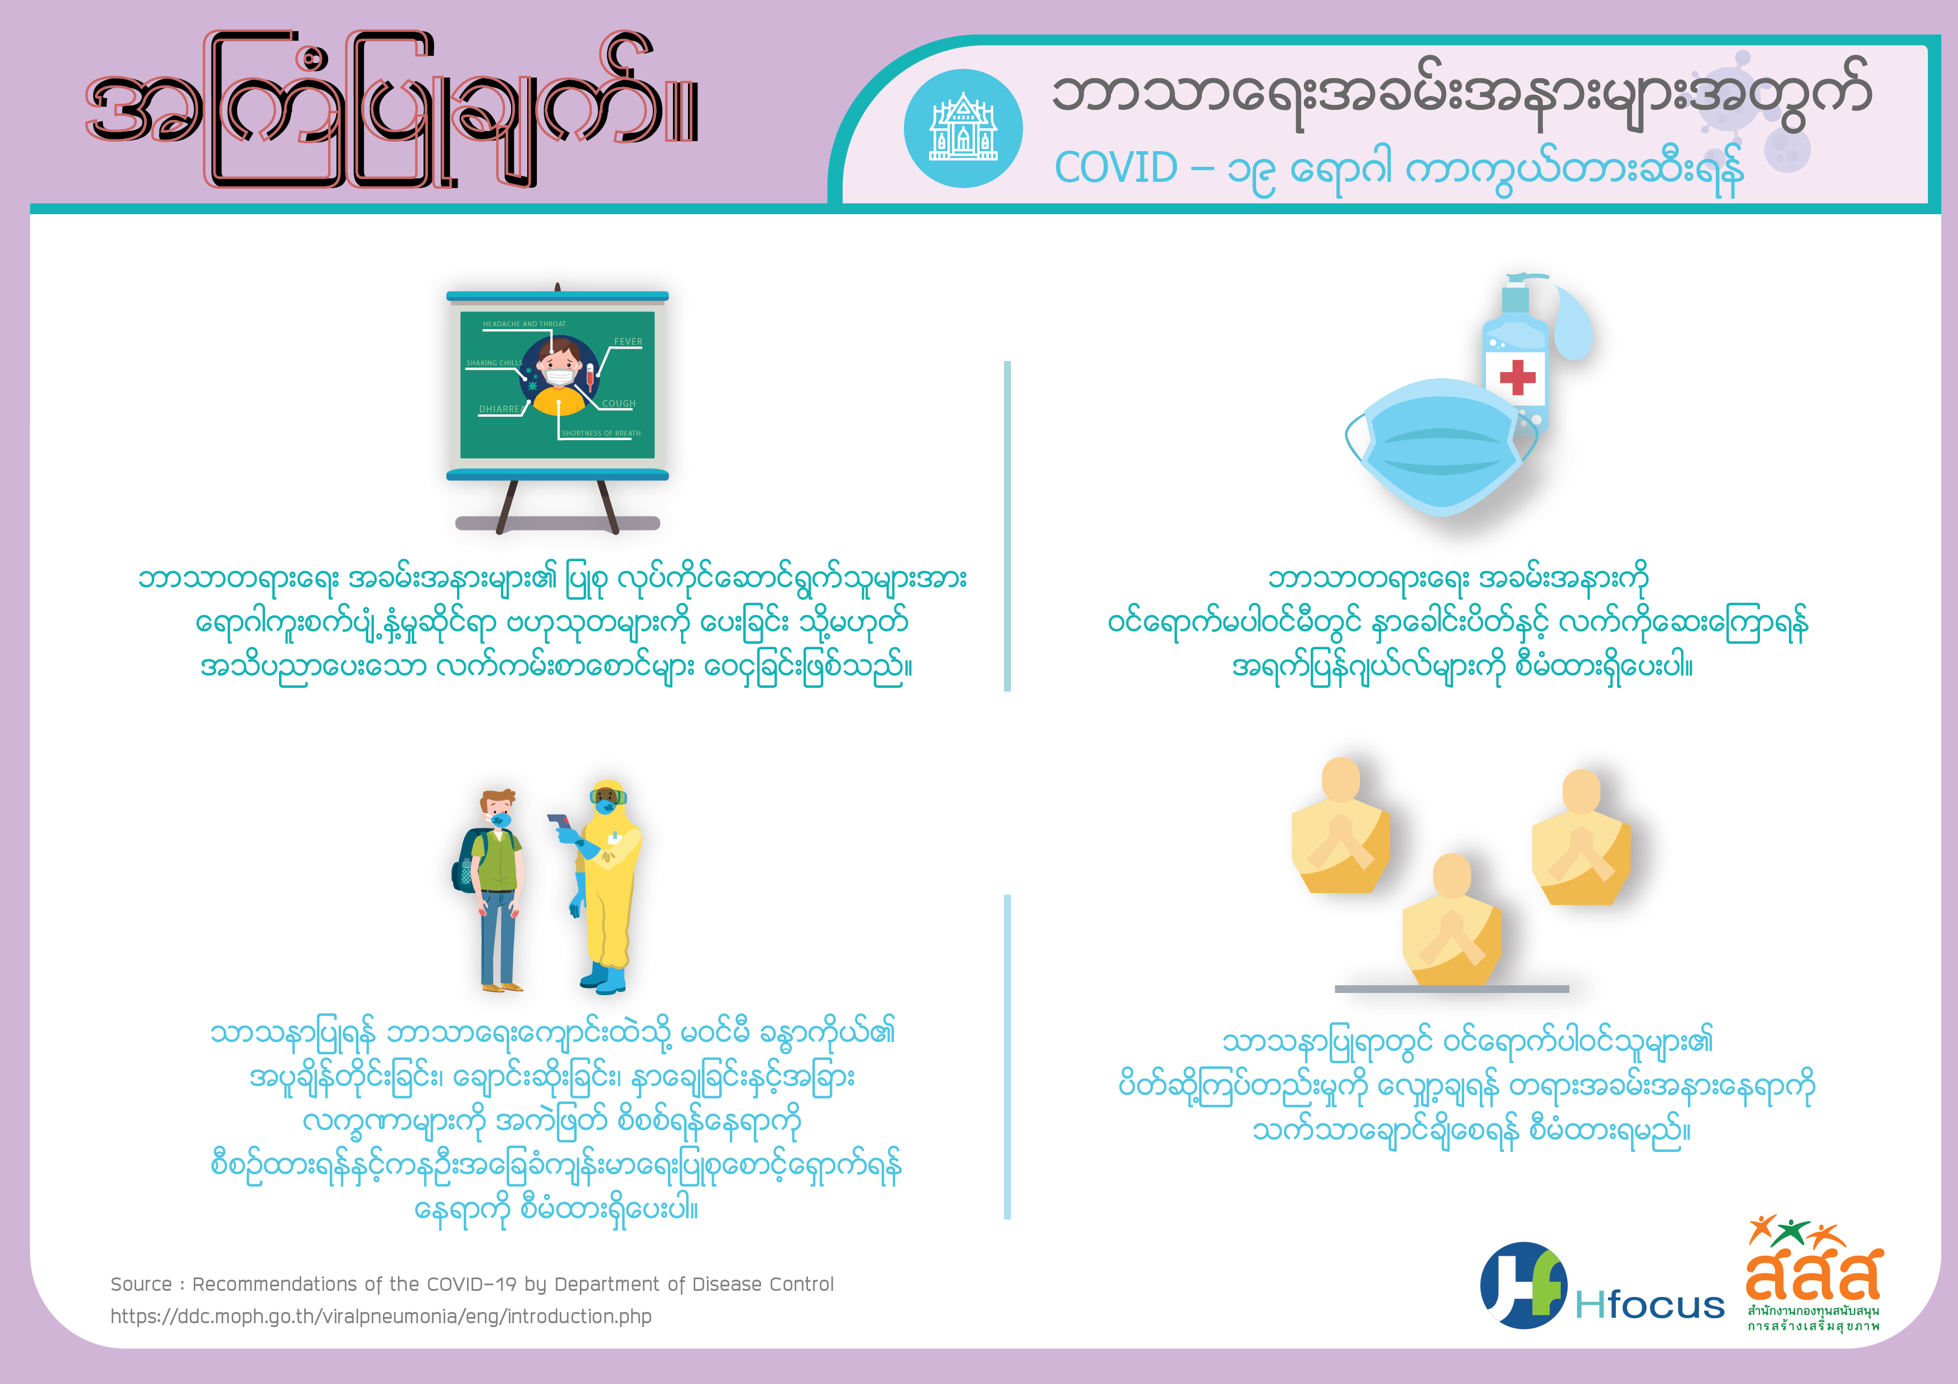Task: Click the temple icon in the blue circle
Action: [x=963, y=127]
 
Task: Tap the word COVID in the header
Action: [x=1117, y=168]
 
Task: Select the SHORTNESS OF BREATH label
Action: [x=601, y=433]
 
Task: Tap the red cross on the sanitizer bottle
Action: [x=1517, y=377]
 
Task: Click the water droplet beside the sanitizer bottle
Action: [x=1572, y=322]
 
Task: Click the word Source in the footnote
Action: [x=141, y=1284]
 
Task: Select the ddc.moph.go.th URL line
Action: [x=381, y=1317]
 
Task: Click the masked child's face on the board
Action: [x=560, y=365]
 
